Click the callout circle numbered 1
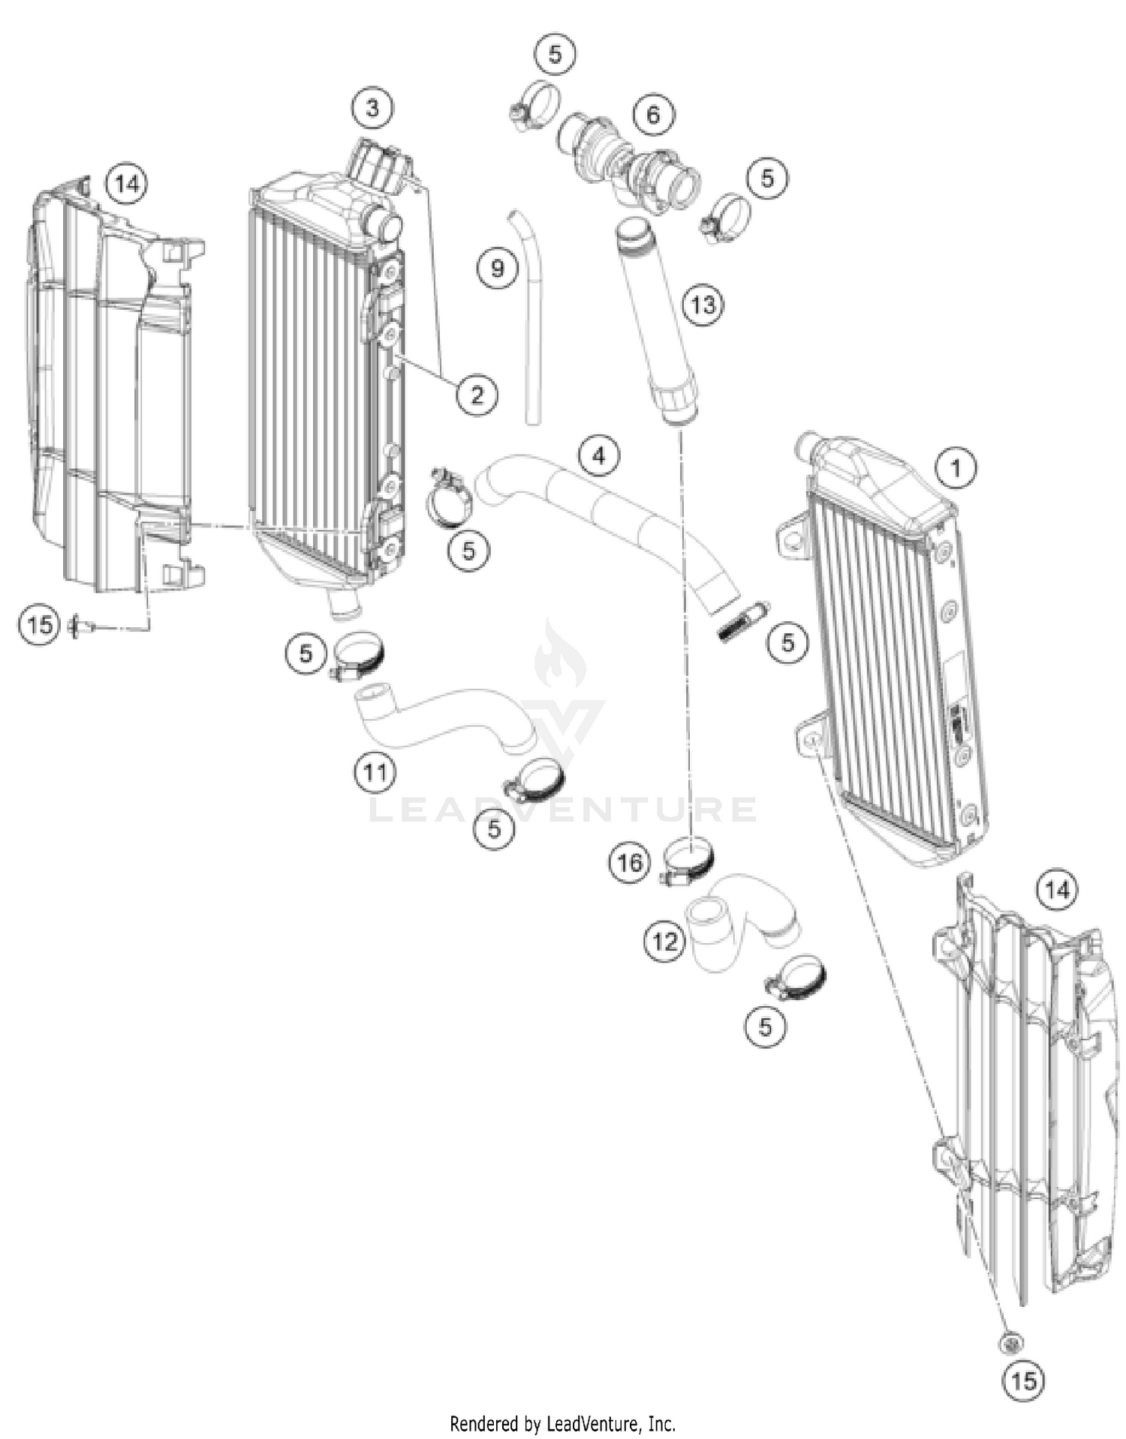point(955,468)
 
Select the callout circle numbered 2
point(477,394)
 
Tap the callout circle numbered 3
point(372,108)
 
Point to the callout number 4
point(598,455)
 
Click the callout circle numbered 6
point(653,114)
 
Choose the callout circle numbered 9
point(497,268)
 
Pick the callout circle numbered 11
point(375,771)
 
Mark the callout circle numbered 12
point(664,941)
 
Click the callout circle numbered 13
point(703,305)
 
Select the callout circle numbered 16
point(629,862)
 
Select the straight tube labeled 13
point(657,323)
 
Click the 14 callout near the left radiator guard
point(127,183)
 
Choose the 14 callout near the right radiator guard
point(1056,890)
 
